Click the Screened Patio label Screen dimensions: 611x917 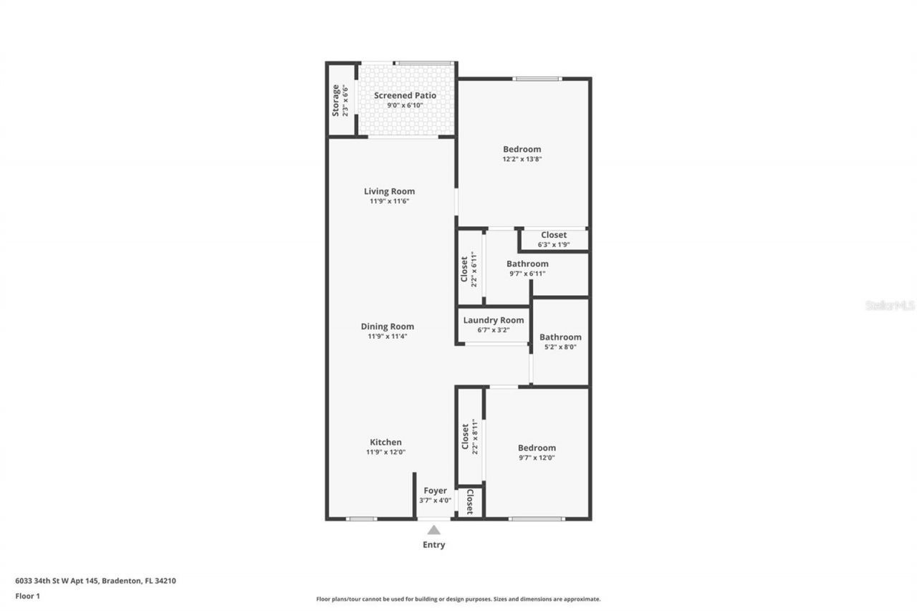[405, 95]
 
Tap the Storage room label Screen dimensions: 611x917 [336, 100]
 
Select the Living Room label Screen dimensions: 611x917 [389, 191]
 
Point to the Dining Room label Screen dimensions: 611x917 [387, 327]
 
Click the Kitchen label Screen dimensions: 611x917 [385, 442]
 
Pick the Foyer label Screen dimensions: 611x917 [435, 491]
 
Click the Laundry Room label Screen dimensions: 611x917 [493, 320]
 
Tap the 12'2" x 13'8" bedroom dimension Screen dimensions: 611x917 [522, 159]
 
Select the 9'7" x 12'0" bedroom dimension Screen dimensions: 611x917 [537, 457]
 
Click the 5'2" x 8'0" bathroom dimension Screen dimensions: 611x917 [560, 347]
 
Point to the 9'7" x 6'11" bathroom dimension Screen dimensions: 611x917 [527, 273]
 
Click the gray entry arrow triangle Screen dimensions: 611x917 [433, 530]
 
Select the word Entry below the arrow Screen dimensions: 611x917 [433, 544]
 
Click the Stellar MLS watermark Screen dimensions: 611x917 [890, 305]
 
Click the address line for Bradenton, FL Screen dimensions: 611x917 [95, 581]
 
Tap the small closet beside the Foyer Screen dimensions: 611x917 [469, 501]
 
